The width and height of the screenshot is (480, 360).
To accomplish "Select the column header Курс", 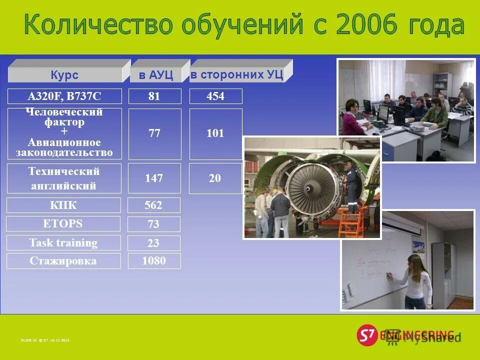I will coord(64,75).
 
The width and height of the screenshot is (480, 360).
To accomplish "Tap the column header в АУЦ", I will coord(155,75).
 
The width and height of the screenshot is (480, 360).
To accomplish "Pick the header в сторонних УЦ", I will coord(236,75).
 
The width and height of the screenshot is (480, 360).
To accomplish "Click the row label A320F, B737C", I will coord(64,96).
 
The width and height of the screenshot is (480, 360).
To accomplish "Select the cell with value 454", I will coord(215,96).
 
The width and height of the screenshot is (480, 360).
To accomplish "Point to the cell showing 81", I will coord(154,96).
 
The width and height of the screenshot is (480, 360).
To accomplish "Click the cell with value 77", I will coord(154,133).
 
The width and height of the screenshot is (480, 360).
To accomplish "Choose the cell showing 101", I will coord(215,133).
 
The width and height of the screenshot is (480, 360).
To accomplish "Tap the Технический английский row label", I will coord(64,178).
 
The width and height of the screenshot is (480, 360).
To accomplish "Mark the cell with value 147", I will coord(154,178).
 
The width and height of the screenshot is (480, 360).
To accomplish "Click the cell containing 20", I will coord(215,178).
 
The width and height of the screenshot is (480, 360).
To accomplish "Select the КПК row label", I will coord(63,205).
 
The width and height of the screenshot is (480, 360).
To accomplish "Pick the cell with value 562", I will coord(153,205).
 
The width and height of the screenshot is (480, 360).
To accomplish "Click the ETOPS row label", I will coord(63,223).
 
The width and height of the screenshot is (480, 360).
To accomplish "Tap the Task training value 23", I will coord(153,243).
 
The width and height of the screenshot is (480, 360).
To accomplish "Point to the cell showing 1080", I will coord(154,260).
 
